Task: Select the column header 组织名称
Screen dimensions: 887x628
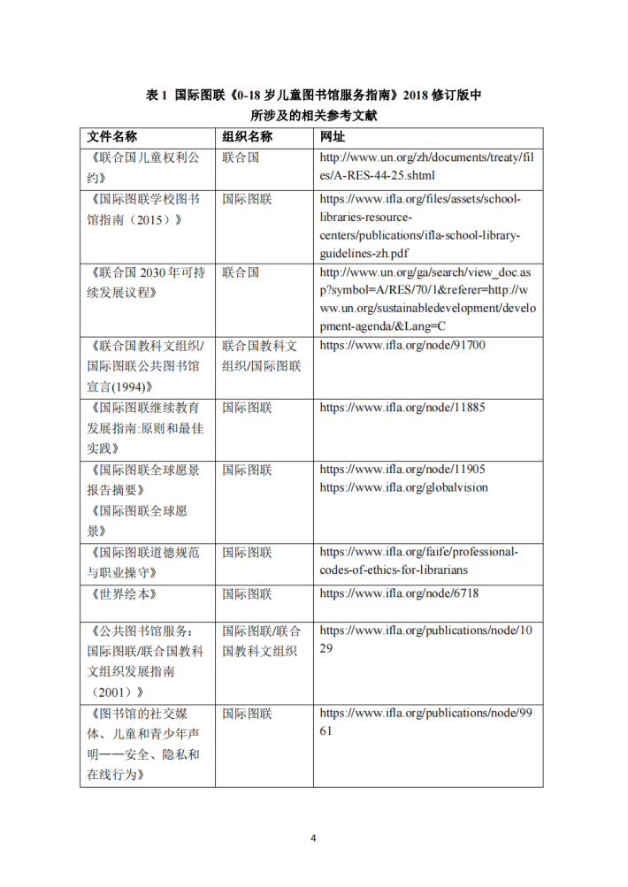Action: pos(247,137)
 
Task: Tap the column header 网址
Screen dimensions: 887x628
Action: pos(333,137)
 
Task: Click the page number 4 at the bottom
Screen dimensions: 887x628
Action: pos(313,837)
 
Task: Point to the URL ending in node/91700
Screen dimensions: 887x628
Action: pos(402,346)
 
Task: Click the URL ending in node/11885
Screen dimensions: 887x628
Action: pos(402,408)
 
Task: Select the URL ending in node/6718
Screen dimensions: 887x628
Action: pos(399,593)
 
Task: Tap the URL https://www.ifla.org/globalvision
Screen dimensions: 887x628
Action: pos(403,487)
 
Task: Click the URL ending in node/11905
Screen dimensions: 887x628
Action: pos(402,470)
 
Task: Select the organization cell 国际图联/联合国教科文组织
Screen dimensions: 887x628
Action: pos(262,642)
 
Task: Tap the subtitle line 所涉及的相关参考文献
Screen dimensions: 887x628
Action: pos(314,117)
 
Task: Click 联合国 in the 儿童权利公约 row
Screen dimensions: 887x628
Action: pos(241,157)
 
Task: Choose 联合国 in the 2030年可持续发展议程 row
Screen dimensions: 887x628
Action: pos(241,273)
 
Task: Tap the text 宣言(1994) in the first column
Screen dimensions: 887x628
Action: pos(125,386)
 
